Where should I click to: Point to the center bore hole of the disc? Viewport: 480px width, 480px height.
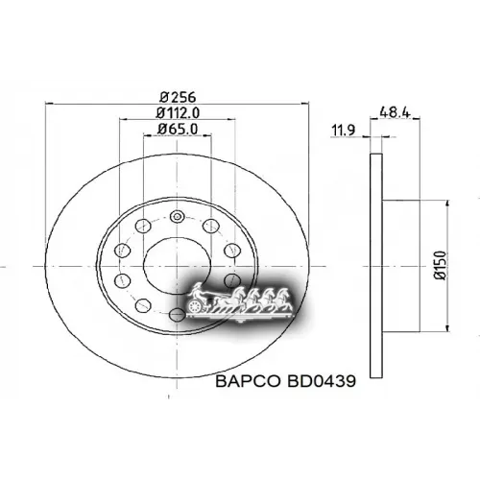click(x=178, y=261)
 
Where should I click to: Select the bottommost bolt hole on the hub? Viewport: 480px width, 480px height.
click(x=178, y=314)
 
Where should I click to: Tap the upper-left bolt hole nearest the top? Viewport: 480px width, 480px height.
click(x=142, y=227)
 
